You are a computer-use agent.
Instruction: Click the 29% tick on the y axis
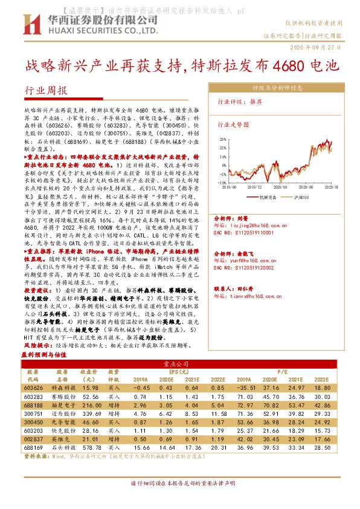pyautogui.click(x=223, y=139)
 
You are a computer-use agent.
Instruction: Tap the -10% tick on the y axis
pyautogui.click(x=222, y=182)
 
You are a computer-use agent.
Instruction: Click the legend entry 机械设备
pyautogui.click(x=266, y=197)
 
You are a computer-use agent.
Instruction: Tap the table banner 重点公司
pyautogui.click(x=181, y=363)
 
